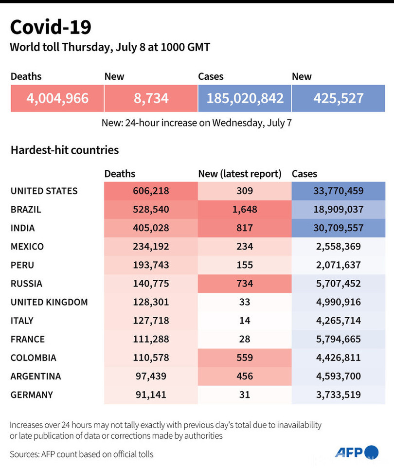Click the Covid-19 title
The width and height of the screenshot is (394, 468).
(51, 28)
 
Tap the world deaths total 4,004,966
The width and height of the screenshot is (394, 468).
(57, 98)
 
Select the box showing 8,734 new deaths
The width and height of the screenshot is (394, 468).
(151, 98)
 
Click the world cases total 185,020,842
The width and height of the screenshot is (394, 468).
(245, 98)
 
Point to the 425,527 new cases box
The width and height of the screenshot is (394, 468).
(339, 98)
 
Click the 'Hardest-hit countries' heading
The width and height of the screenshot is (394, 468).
(65, 150)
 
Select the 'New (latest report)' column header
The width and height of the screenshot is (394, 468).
(240, 174)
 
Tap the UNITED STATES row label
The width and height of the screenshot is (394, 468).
(44, 191)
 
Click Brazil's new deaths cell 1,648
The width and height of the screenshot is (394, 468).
(245, 210)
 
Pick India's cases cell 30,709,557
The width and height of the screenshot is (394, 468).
(339, 228)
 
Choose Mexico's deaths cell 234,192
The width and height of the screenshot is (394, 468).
(151, 247)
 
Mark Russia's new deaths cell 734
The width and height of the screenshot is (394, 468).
(245, 284)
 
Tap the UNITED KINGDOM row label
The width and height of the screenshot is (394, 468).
(49, 302)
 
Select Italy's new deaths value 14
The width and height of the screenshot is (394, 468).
(245, 321)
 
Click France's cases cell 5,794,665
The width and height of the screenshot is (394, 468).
(339, 339)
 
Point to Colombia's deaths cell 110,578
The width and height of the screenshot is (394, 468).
(151, 358)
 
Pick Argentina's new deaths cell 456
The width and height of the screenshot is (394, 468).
(245, 376)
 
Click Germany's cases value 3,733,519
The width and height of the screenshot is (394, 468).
(339, 395)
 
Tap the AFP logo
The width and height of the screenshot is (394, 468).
(357, 452)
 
